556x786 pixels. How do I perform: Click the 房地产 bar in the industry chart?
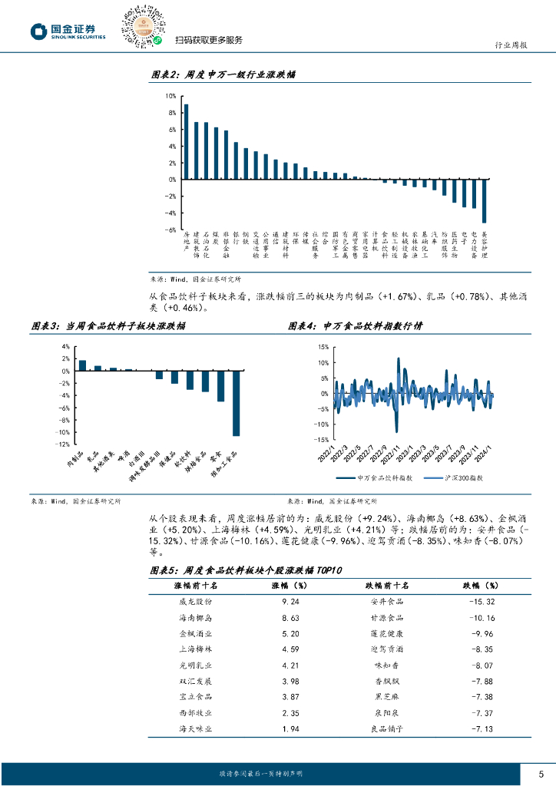click(186, 142)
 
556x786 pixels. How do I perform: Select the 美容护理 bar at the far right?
click(484, 201)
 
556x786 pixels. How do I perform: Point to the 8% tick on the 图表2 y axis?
click(170, 113)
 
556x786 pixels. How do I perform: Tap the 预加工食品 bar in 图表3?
click(237, 404)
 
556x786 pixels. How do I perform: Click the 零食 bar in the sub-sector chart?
click(220, 386)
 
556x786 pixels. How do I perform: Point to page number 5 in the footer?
click(541, 773)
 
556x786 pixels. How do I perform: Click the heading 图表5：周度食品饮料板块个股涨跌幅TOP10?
click(245, 570)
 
